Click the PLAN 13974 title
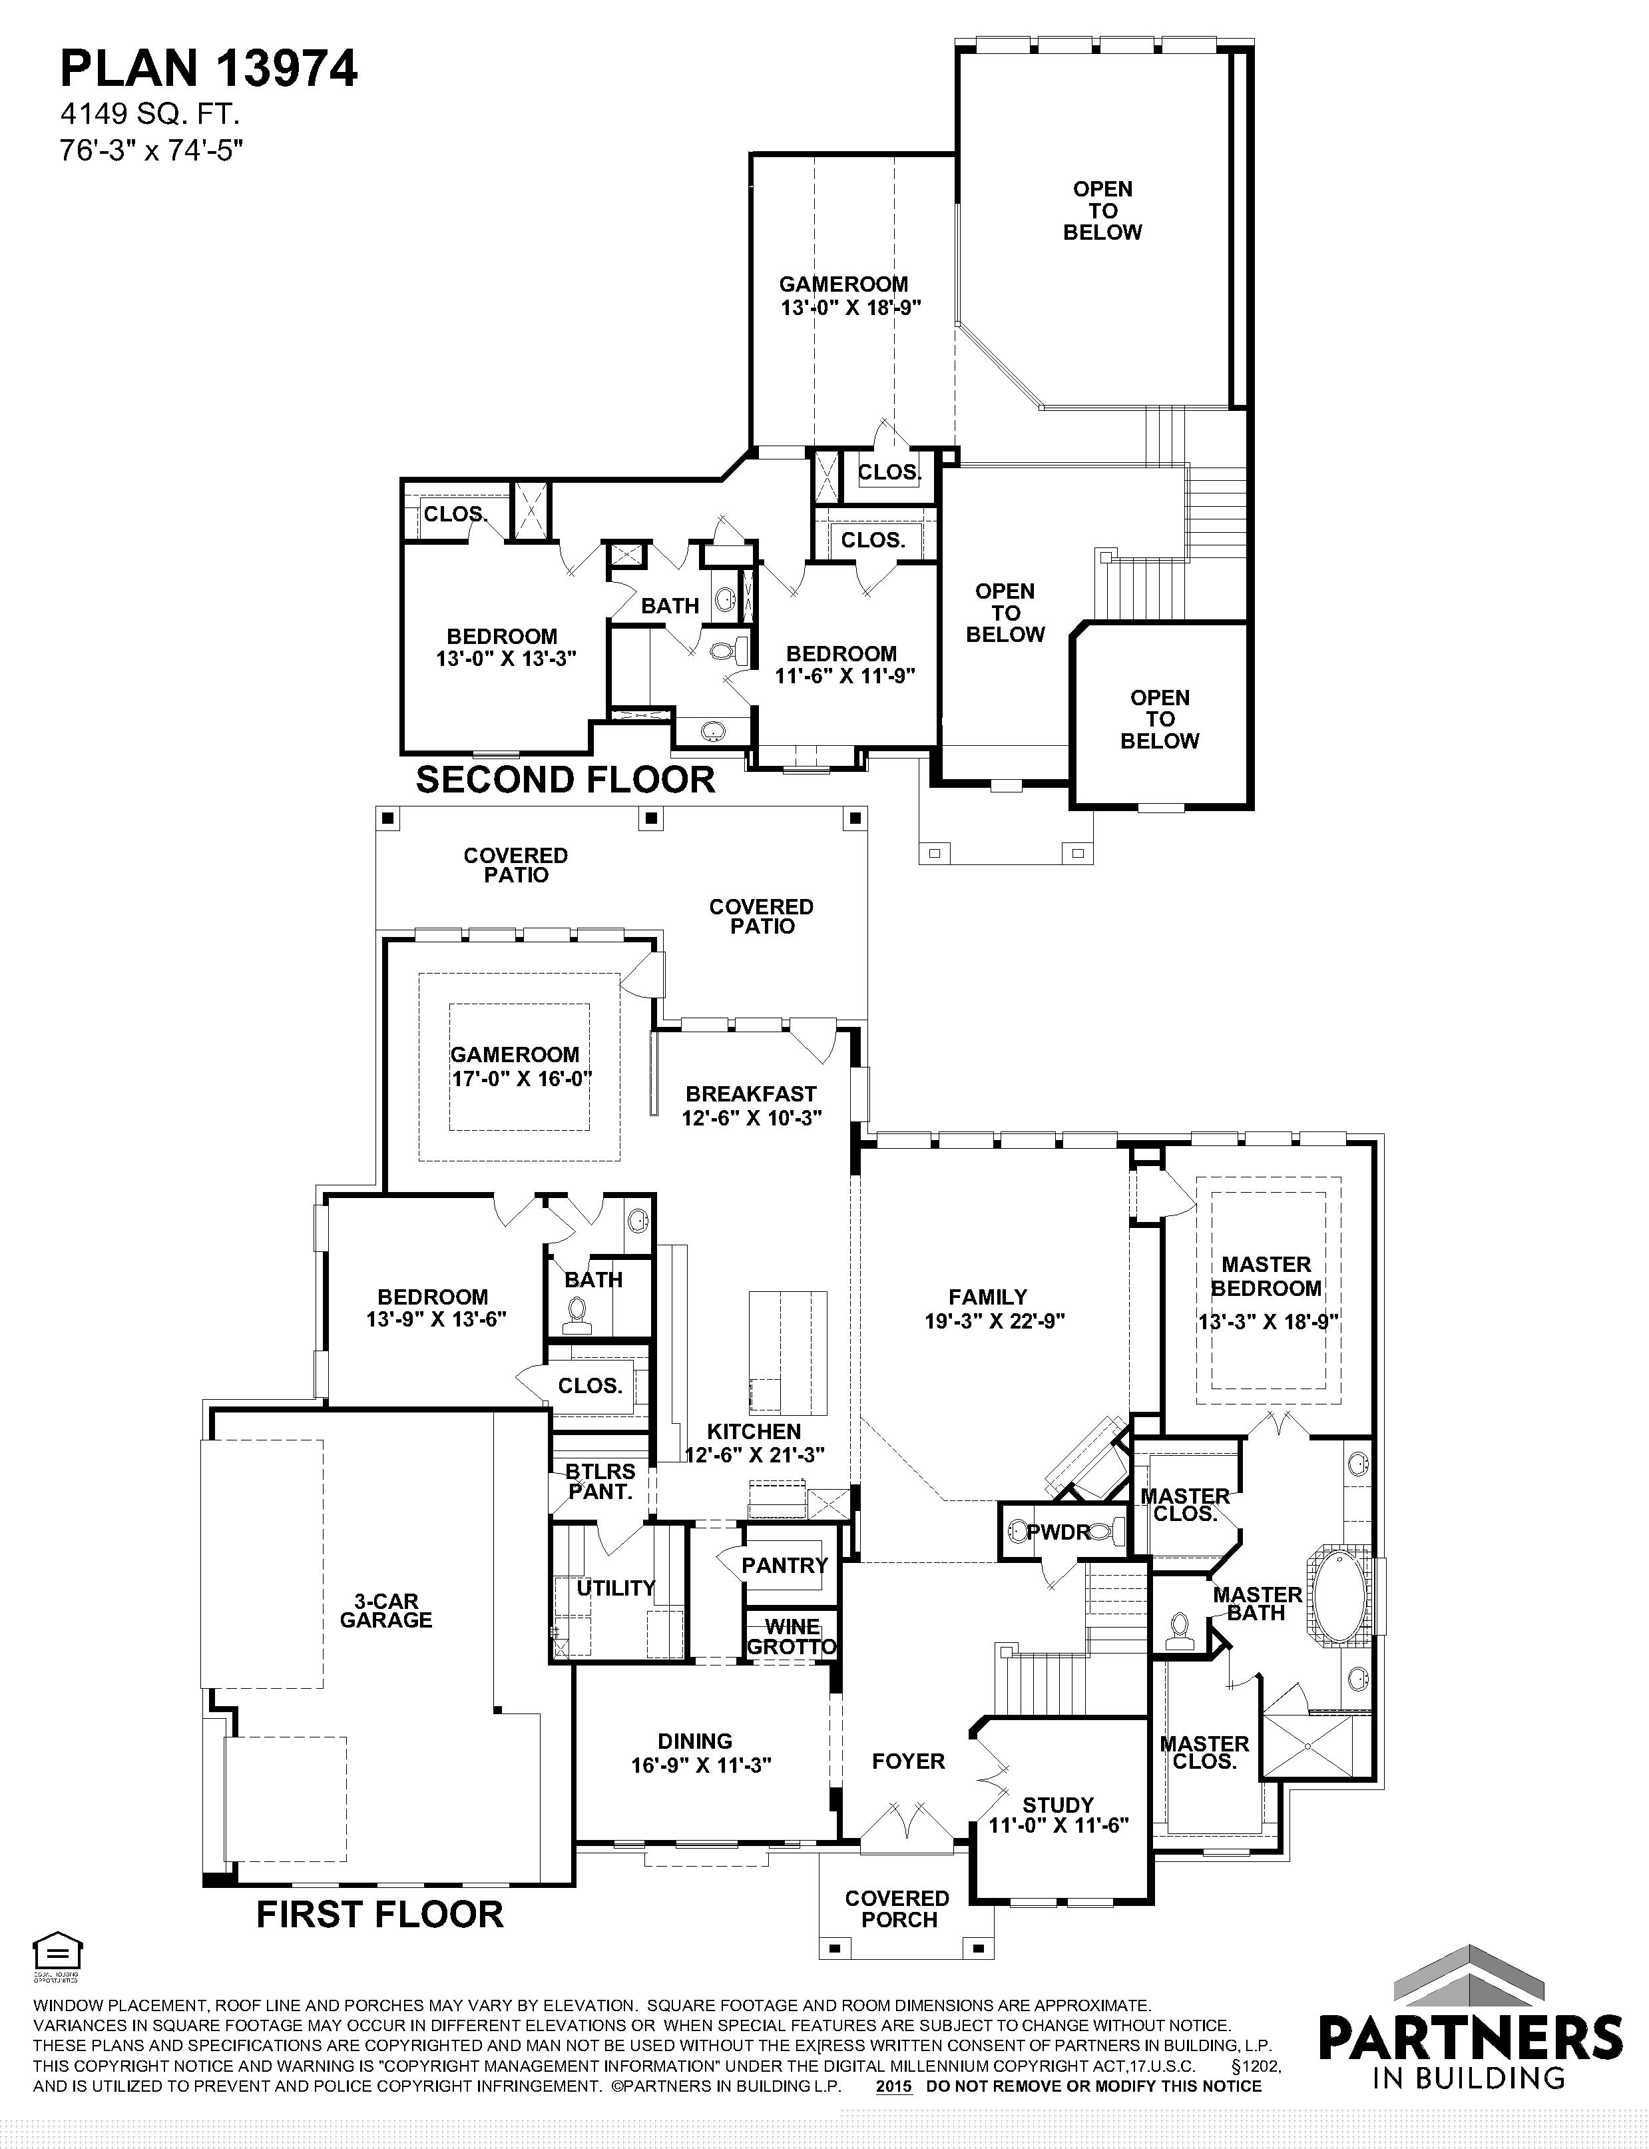point(209,69)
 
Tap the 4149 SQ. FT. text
point(150,115)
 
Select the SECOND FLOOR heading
point(565,780)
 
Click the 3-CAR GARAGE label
point(385,1611)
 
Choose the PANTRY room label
point(784,1565)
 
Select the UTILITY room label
point(615,1588)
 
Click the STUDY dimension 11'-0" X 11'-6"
point(1059,1825)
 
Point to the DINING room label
point(695,1741)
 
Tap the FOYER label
point(909,1761)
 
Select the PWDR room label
point(1059,1532)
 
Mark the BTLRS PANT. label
point(600,1482)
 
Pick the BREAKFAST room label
point(751,1093)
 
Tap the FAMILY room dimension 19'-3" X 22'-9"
point(995,1321)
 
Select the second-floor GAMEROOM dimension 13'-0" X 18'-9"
point(850,307)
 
